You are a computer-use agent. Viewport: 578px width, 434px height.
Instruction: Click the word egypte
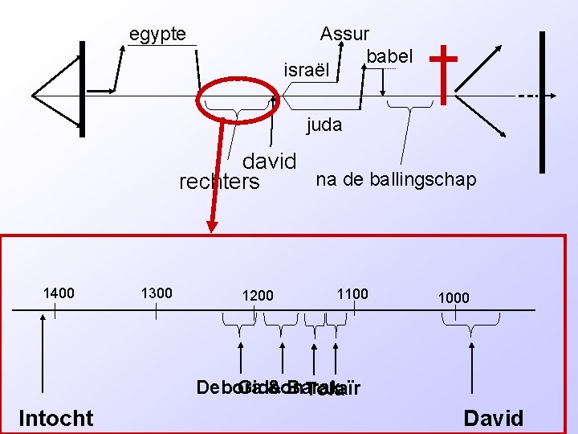[x=157, y=35]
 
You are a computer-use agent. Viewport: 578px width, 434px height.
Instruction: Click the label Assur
[x=344, y=35]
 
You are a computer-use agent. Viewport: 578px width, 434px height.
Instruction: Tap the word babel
[x=389, y=57]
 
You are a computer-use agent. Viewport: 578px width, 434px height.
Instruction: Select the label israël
[x=307, y=70]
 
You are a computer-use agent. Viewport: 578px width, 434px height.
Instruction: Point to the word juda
[x=324, y=125]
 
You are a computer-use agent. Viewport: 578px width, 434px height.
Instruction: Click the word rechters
[x=219, y=182]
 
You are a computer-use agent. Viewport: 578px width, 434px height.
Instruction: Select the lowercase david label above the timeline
[x=269, y=162]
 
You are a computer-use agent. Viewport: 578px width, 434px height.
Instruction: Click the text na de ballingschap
[x=396, y=179]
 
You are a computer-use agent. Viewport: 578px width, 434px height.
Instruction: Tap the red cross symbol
[x=443, y=72]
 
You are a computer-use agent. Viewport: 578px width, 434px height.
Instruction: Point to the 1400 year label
[x=58, y=293]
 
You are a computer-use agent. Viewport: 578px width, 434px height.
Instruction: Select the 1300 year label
[x=156, y=293]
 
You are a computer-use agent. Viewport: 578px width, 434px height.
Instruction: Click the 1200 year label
[x=258, y=297]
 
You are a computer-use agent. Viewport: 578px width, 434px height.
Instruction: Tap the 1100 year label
[x=352, y=294]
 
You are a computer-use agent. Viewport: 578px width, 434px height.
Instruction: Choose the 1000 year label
[x=454, y=297]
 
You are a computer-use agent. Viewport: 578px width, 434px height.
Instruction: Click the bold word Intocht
[x=55, y=418]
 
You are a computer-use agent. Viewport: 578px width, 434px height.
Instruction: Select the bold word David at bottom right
[x=494, y=418]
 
